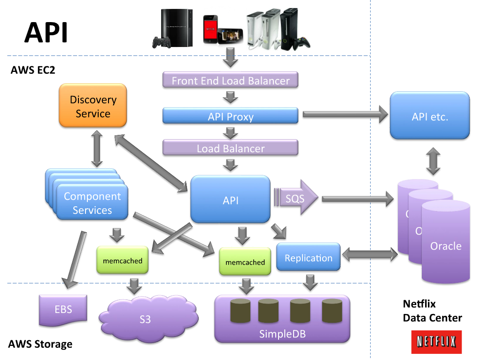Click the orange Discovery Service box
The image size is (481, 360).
tap(93, 106)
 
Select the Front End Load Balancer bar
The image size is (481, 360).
tap(230, 80)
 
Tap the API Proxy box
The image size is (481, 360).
tap(230, 116)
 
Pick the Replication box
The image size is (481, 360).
tap(308, 258)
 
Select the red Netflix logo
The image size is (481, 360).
tap(436, 342)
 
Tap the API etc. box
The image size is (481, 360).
tap(430, 116)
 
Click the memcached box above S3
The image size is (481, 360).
tap(122, 260)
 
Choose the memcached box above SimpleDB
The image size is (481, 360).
tap(245, 262)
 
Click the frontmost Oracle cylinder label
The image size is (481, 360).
tap(446, 246)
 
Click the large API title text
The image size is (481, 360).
tap(46, 32)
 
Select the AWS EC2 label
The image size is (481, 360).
tap(33, 70)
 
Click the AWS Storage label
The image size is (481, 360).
tap(40, 344)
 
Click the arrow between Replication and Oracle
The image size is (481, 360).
tap(369, 255)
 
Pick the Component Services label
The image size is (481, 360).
tap(92, 203)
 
